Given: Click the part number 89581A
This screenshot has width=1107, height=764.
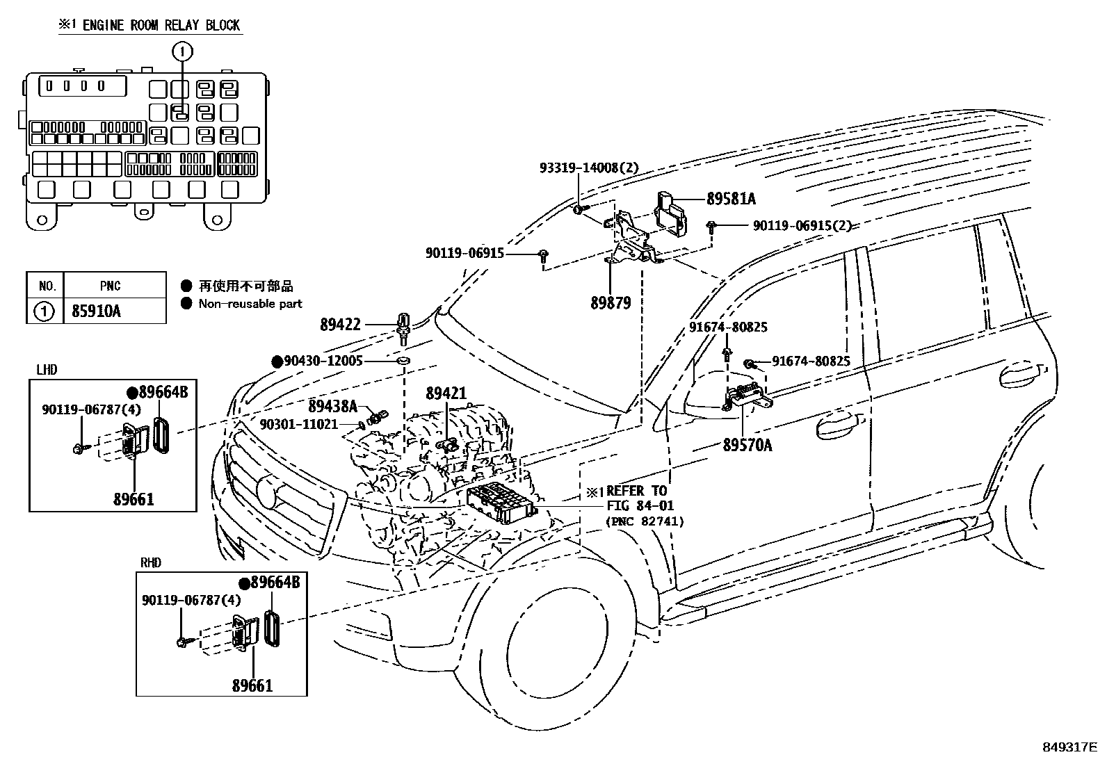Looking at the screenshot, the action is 731,199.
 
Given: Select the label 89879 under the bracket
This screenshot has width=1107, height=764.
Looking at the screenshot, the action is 611,303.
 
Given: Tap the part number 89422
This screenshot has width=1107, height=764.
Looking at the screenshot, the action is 341,325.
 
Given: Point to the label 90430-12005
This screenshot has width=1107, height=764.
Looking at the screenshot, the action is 323,361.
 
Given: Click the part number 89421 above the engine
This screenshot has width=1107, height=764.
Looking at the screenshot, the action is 446,393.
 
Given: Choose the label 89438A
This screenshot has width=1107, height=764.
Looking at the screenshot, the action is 332,406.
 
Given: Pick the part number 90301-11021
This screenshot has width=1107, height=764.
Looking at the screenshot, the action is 299,424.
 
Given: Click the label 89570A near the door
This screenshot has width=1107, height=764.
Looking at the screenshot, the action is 748,445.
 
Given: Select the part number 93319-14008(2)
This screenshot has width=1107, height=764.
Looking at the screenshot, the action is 589,168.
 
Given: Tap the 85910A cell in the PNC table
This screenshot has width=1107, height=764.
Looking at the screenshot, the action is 97,311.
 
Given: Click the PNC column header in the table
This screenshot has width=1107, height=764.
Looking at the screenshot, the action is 110,286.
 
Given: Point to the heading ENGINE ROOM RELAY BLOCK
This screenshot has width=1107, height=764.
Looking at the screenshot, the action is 161,25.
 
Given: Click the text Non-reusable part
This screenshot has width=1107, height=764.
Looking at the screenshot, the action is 250,303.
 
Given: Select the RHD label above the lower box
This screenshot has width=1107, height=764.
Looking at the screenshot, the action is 151,562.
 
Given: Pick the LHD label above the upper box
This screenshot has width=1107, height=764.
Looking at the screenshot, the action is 47,370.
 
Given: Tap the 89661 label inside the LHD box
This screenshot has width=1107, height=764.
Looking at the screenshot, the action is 134,500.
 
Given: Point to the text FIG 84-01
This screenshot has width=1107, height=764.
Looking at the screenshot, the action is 640,505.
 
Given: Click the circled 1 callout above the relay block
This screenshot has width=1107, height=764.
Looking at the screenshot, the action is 182,51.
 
